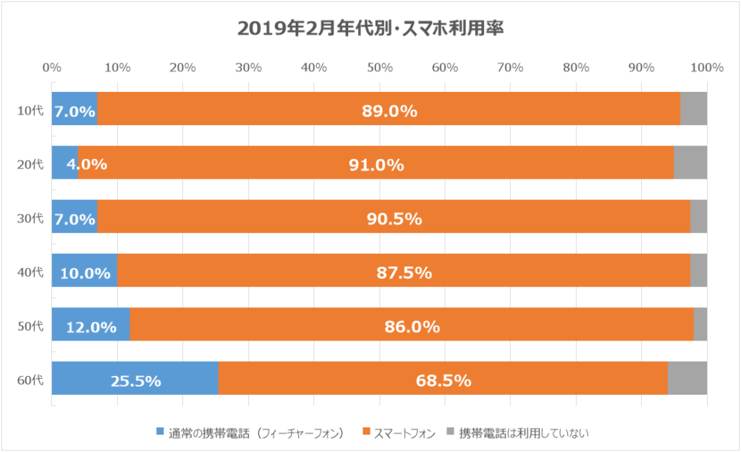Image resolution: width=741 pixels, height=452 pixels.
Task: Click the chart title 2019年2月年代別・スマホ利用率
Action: [370, 29]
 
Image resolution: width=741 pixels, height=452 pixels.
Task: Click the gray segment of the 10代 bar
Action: [693, 108]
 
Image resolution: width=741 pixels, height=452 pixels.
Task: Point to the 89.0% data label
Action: [389, 111]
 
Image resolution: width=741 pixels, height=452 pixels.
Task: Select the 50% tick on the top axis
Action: [379, 68]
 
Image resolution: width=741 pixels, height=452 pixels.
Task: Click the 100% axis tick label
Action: [707, 68]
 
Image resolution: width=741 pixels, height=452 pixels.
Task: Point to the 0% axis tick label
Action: [51, 68]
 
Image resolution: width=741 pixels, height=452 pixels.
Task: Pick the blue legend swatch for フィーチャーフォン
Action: [160, 432]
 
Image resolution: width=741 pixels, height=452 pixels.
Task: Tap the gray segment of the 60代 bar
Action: [687, 378]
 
